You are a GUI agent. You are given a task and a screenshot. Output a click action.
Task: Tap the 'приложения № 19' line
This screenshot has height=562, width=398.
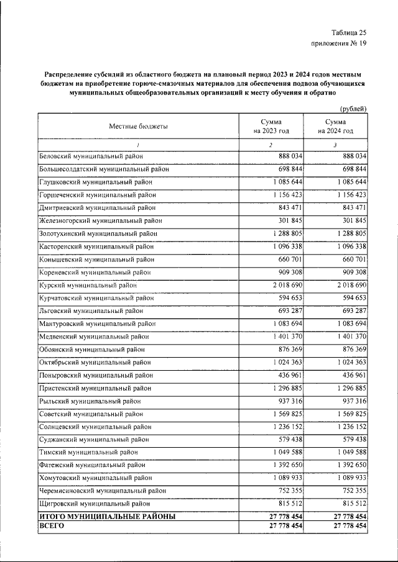point(339,43)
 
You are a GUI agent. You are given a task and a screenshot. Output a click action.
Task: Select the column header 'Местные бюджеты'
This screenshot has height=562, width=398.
point(138,126)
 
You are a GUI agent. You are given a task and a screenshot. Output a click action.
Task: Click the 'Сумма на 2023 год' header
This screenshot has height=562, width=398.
point(271,126)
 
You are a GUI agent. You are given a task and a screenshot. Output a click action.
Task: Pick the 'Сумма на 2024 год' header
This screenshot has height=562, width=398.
point(335,126)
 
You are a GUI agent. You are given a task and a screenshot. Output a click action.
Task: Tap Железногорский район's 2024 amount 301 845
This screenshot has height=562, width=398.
point(351,220)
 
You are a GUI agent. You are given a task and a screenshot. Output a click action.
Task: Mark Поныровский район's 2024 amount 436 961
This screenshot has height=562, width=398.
point(351,375)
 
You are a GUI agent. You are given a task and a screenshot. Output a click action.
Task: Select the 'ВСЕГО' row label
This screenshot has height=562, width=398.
point(52,525)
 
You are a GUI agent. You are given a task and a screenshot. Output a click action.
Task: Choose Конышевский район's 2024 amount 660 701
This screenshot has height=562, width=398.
point(351,259)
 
